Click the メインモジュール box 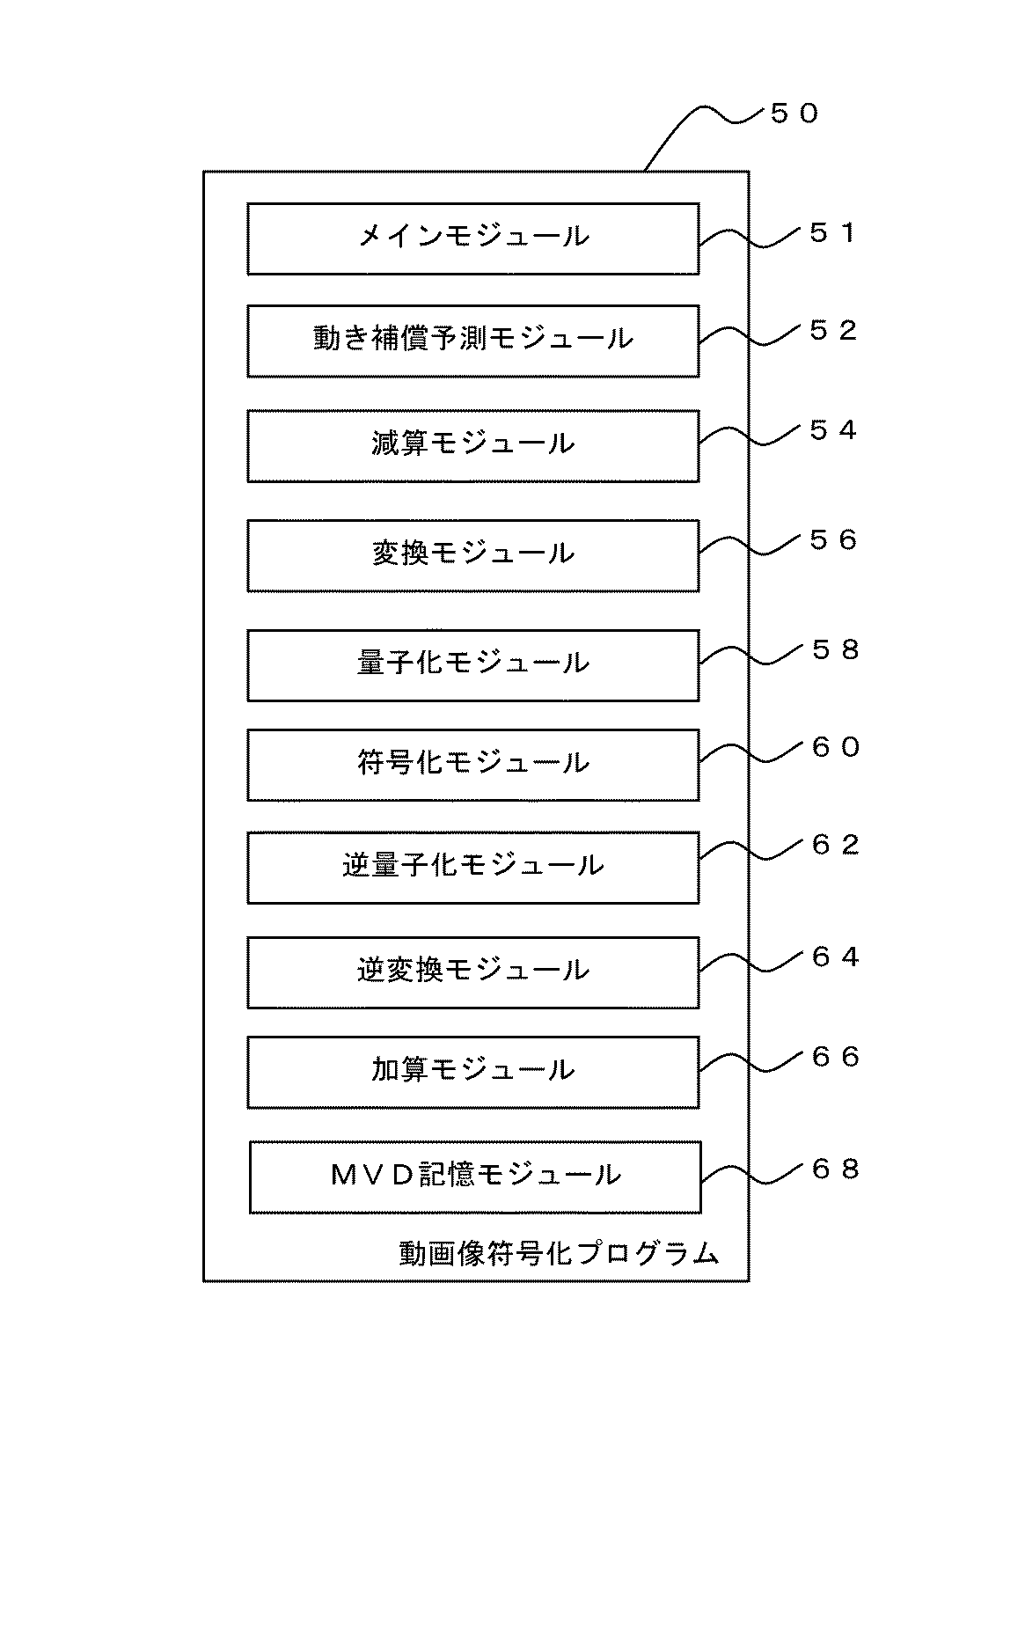click(x=473, y=239)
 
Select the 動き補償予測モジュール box click(x=473, y=341)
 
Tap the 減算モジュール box click(x=473, y=446)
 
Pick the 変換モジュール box click(x=473, y=555)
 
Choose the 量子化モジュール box click(x=473, y=665)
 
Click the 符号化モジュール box click(x=473, y=765)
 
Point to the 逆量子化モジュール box click(x=473, y=868)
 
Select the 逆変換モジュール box click(x=473, y=972)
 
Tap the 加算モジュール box click(x=473, y=1072)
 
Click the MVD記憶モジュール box click(x=475, y=1177)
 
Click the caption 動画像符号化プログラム click(x=560, y=1253)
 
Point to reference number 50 click(x=794, y=114)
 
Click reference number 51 click(x=832, y=233)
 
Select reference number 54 click(x=832, y=430)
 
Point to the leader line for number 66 click(x=753, y=1064)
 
